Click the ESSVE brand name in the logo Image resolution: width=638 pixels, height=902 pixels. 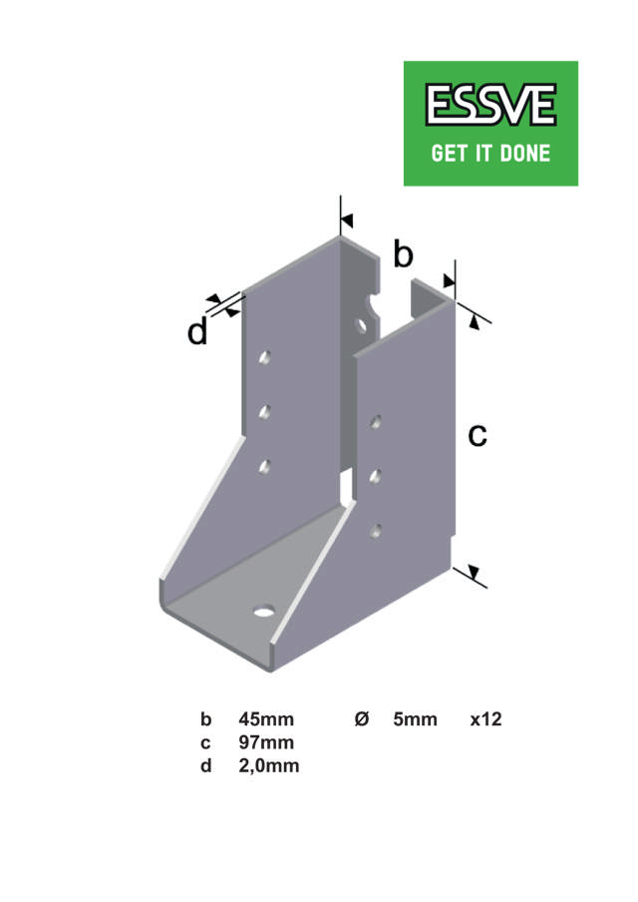pos(490,106)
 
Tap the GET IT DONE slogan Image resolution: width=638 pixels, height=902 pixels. pos(490,155)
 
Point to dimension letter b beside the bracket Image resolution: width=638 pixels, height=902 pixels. pos(402,254)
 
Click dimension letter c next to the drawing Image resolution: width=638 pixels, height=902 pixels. pos(478,434)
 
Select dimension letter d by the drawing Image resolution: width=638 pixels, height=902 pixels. pos(197,332)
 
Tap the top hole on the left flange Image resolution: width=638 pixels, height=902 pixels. pos(265,356)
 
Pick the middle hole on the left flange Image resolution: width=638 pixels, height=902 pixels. pos(265,410)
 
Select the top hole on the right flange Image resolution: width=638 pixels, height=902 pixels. pos(376,422)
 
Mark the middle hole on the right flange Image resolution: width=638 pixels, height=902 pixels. pos(376,476)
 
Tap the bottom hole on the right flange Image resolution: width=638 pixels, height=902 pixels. pos(376,530)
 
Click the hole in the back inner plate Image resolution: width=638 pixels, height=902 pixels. pos(362,324)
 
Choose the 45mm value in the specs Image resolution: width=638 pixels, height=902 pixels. pos(266,719)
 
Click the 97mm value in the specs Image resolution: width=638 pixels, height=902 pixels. pos(266,742)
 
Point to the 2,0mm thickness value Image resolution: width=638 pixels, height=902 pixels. pos(269,765)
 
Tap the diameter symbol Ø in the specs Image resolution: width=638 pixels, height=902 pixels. pos(362,719)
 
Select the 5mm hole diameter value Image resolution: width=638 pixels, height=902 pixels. pos(415,719)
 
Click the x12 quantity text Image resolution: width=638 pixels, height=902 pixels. pos(485,719)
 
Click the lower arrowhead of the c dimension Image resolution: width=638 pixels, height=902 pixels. pos(472,573)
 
